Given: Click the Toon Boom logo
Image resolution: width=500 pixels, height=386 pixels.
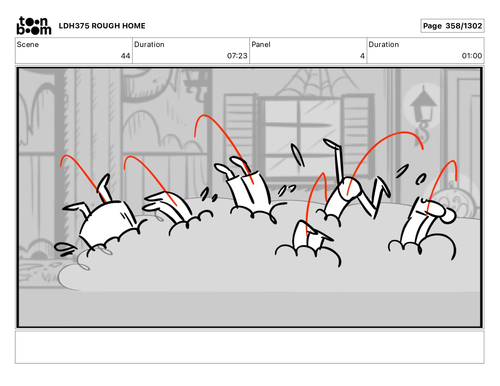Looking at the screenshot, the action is coord(34,26).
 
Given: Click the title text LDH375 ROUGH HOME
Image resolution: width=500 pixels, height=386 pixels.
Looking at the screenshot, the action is coord(102,26).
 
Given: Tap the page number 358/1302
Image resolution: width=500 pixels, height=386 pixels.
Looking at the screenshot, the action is coord(463,26).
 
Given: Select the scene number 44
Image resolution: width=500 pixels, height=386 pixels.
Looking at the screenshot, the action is coord(126,56).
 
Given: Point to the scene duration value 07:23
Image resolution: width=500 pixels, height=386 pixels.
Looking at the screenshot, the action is coord(237,56).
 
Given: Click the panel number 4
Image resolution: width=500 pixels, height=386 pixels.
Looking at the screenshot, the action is coord(362,56).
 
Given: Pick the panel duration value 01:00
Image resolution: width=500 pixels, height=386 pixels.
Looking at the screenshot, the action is coord(472,56).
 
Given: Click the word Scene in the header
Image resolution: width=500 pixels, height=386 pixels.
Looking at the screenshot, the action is coord(28,44).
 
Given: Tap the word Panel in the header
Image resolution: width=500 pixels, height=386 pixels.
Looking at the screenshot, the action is coord(261,44).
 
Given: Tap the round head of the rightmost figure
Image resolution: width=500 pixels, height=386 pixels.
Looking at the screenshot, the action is coord(448,215).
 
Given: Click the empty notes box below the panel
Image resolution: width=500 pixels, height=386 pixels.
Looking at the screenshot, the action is coord(250,347).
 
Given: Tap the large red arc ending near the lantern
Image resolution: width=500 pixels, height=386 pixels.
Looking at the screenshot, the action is coord(384,147).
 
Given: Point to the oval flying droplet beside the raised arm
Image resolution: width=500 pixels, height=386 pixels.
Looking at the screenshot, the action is coord(298,155).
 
